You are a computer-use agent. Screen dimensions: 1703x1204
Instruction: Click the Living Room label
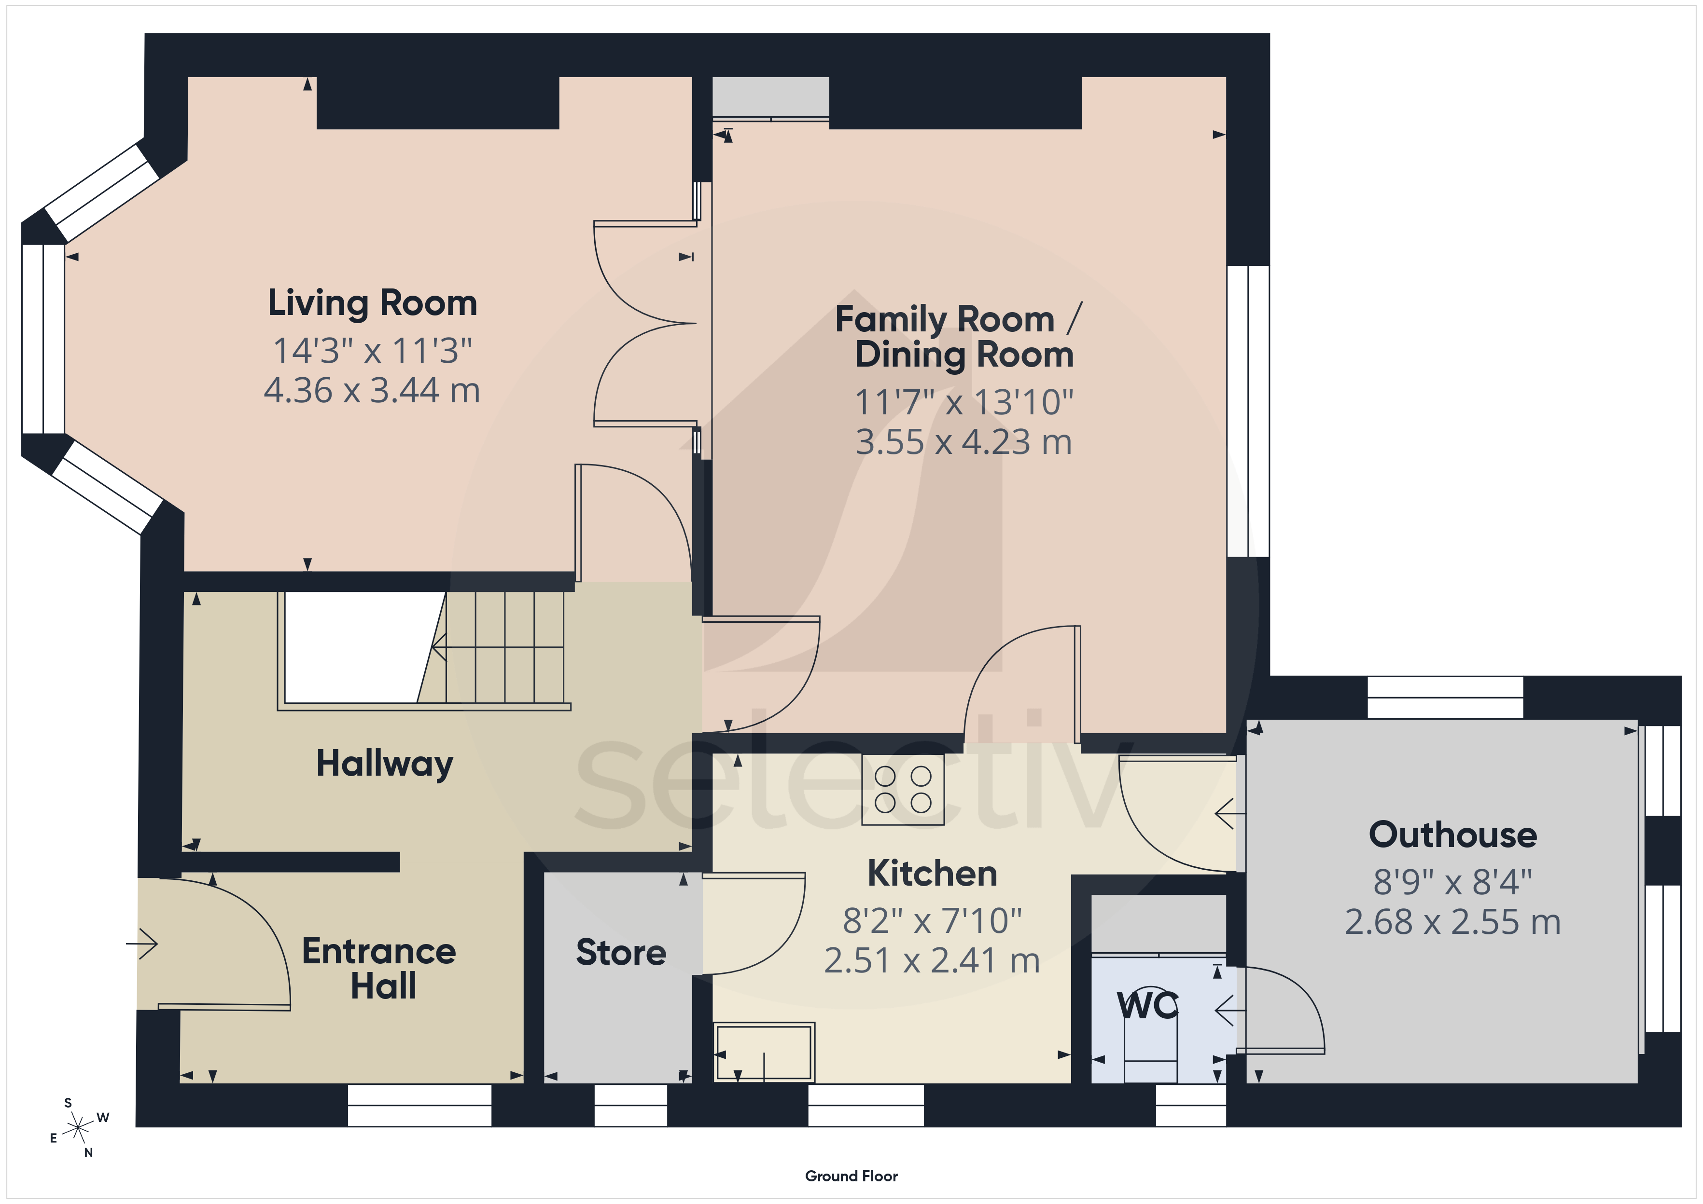(372, 303)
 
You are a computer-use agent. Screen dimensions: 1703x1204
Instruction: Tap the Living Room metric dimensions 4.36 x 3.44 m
(372, 391)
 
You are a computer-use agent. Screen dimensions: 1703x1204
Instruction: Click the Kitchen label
(932, 874)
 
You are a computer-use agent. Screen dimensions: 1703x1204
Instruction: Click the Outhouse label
(1453, 835)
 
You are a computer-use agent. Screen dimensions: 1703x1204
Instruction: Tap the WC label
(1147, 1006)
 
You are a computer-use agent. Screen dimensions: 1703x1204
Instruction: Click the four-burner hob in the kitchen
(903, 790)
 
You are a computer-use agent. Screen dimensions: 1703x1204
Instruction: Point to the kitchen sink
(765, 1052)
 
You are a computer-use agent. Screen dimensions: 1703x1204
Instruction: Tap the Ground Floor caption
(851, 1176)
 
